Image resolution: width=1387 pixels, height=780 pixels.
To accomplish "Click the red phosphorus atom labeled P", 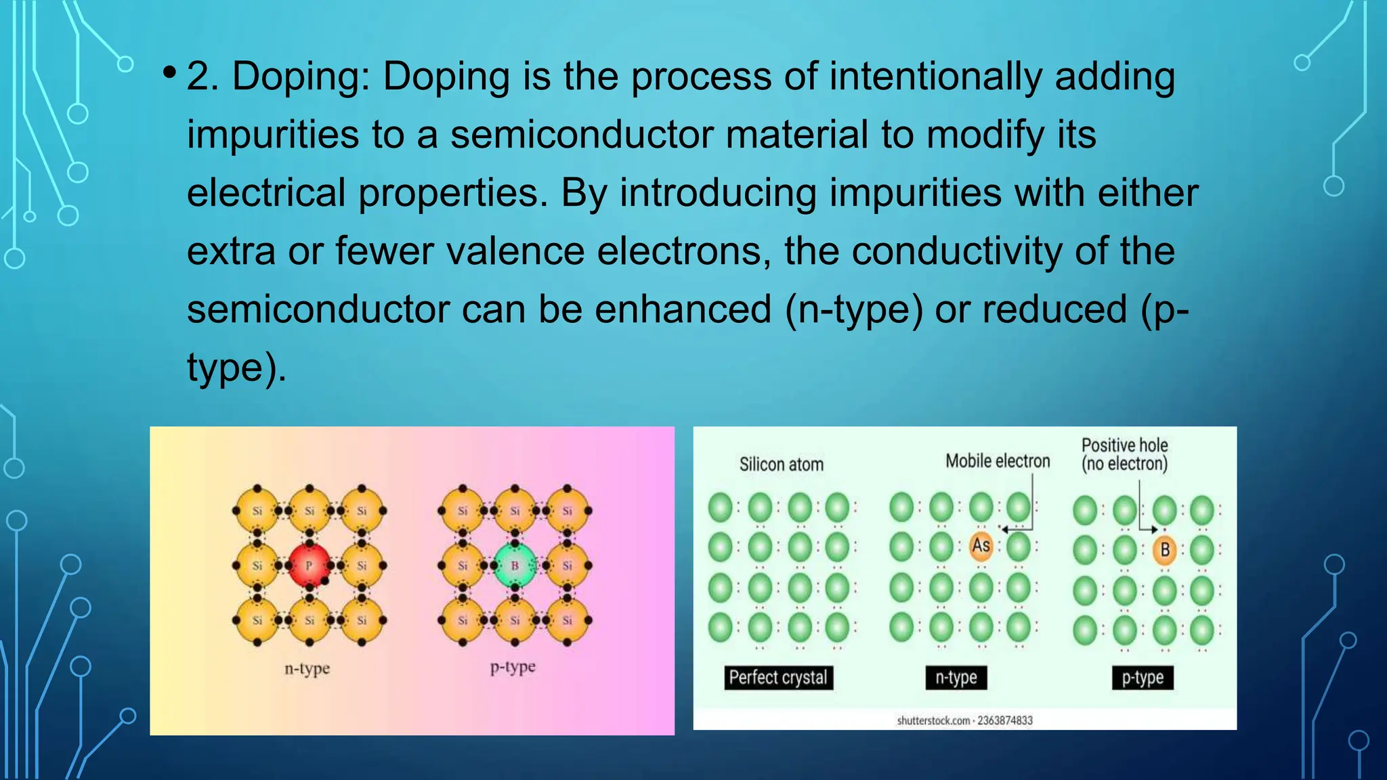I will (x=309, y=565).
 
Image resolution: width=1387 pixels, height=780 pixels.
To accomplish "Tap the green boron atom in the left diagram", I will (x=515, y=565).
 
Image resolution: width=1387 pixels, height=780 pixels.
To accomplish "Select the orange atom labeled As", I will (x=981, y=546).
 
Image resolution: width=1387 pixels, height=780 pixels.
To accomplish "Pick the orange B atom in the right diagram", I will (x=1165, y=550).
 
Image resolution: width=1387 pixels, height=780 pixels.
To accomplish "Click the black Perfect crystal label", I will (x=778, y=677).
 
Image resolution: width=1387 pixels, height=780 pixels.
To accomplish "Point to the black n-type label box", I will (x=956, y=677).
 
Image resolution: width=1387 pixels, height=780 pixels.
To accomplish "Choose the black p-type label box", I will (x=1143, y=677).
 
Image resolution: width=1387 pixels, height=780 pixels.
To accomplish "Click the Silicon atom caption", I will (x=781, y=464).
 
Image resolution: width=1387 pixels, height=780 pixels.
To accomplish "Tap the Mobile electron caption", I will (x=998, y=461).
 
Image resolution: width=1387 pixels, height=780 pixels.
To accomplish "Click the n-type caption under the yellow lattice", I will (x=307, y=669).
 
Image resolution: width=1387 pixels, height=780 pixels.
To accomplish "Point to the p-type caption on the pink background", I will (x=513, y=668).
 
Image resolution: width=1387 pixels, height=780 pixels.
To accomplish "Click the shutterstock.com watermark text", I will (x=964, y=720).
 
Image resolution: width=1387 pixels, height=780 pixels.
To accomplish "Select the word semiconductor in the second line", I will (x=582, y=134).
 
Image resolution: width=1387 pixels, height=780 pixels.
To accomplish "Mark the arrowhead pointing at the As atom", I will (x=1005, y=529).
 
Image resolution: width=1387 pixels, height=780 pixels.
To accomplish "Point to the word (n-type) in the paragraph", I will (x=853, y=309).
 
